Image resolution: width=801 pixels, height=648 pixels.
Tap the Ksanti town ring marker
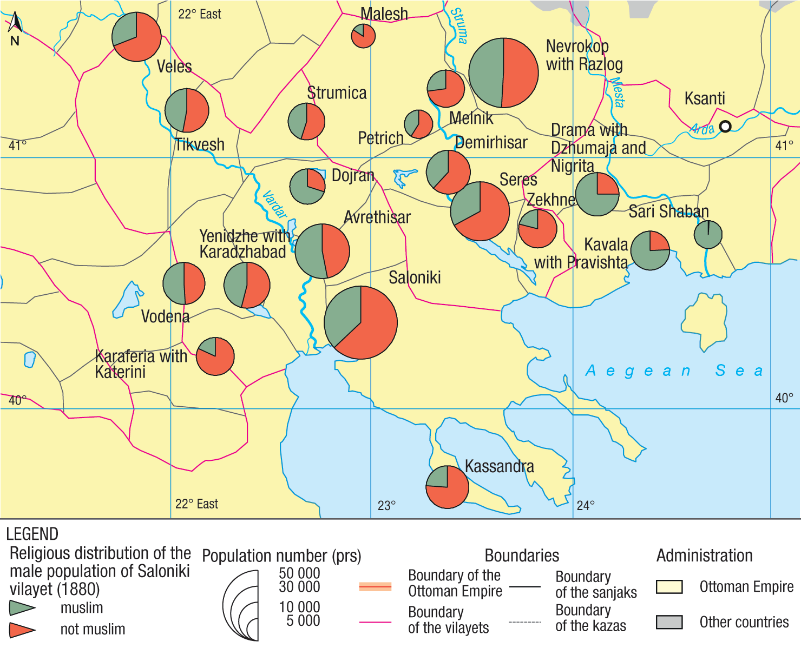[x=725, y=126]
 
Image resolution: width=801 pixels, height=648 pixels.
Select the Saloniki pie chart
[x=360, y=322]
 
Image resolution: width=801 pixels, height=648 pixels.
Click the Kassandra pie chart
[x=447, y=487]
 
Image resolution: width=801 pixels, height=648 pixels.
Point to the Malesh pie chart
[x=363, y=36]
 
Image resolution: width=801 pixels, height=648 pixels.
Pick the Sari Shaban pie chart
[x=708, y=234]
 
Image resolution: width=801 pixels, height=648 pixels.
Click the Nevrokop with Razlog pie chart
[x=503, y=72]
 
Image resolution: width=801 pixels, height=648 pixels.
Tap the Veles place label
[x=174, y=67]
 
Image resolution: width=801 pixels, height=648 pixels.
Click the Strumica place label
[x=337, y=93]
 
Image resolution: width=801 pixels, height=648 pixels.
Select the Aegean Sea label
[x=674, y=371]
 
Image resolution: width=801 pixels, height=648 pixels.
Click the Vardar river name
[x=274, y=204]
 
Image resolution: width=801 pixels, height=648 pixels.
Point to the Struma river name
[x=459, y=25]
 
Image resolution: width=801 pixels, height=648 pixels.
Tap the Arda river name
[x=702, y=129]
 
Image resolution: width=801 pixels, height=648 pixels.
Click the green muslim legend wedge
[x=22, y=608]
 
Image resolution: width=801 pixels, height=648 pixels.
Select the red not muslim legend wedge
[x=22, y=630]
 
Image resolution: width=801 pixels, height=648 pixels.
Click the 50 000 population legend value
[x=299, y=573]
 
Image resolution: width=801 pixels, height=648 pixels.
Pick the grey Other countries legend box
[x=669, y=622]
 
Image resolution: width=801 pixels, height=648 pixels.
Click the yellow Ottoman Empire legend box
[x=669, y=587]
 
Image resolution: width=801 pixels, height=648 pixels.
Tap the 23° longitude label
[x=386, y=506]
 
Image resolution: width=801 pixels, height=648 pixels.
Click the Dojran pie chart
[x=307, y=187]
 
